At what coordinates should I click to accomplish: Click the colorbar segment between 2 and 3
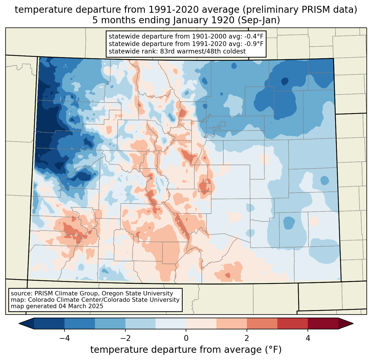point(262,323)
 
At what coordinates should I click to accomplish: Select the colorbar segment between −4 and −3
point(80,323)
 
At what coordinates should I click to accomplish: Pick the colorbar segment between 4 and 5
point(323,323)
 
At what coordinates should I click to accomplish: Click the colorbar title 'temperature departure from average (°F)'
point(186,350)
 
